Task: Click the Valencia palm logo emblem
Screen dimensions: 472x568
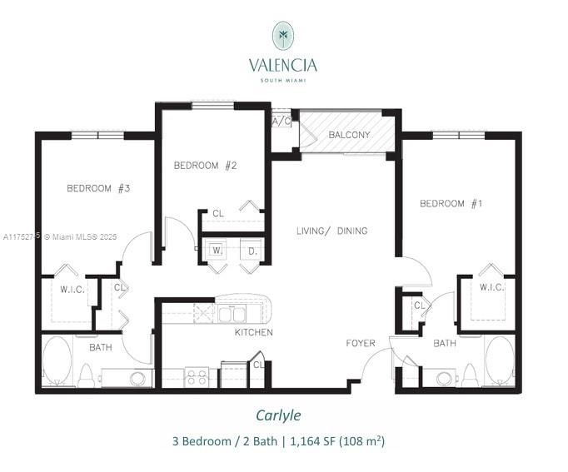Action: click(284, 36)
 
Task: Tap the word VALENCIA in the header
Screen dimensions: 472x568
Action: click(283, 64)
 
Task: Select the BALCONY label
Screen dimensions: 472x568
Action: click(348, 135)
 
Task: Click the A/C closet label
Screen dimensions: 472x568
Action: click(281, 121)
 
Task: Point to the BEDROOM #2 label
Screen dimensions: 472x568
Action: click(205, 166)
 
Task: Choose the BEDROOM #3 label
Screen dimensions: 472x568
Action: click(98, 189)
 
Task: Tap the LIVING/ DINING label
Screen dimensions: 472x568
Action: click(331, 231)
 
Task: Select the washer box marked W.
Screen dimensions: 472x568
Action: click(216, 250)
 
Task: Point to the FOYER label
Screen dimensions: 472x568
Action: click(361, 343)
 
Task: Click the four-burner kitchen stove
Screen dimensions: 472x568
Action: click(197, 377)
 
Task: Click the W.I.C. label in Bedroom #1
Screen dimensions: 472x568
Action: click(491, 287)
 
